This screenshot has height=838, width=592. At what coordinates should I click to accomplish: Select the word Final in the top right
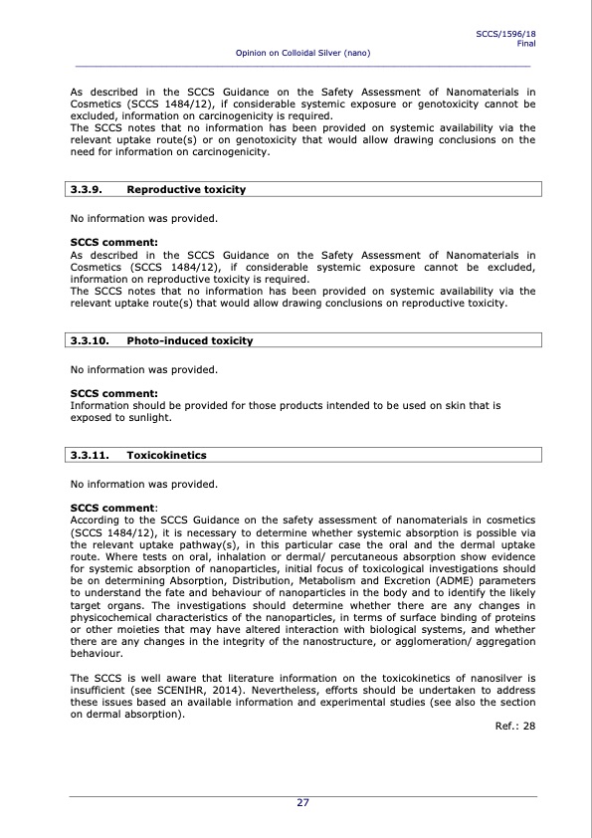(526, 43)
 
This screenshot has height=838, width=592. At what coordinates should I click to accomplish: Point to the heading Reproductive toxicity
(186, 189)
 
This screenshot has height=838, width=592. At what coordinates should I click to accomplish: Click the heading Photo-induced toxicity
(190, 340)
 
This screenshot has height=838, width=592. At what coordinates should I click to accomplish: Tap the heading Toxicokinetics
(166, 455)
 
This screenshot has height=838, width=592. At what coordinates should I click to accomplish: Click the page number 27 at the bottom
(302, 803)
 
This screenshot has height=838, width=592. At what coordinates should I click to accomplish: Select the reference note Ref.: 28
(514, 726)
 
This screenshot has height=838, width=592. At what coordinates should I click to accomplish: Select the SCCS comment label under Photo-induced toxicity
(107, 394)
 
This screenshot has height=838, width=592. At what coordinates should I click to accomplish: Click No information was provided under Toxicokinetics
(143, 485)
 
